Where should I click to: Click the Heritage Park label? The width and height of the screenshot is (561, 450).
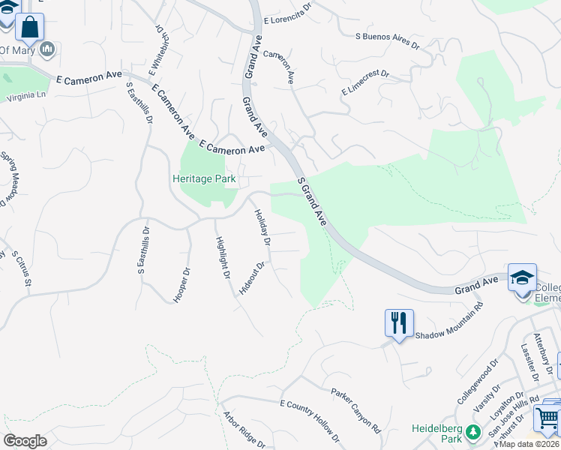[x=204, y=178]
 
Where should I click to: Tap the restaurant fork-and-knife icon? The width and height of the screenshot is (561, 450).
[x=398, y=323]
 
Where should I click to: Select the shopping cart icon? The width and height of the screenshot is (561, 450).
[x=547, y=418]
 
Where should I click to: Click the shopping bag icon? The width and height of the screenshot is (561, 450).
[x=30, y=28]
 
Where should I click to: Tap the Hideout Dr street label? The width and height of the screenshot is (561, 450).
[x=252, y=277]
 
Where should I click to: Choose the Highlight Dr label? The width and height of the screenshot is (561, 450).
[x=222, y=257]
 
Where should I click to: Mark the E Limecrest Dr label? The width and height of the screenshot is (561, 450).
[x=365, y=82]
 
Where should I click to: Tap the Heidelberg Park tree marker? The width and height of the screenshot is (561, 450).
[x=472, y=433]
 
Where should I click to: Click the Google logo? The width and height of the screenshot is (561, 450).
[x=25, y=441]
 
